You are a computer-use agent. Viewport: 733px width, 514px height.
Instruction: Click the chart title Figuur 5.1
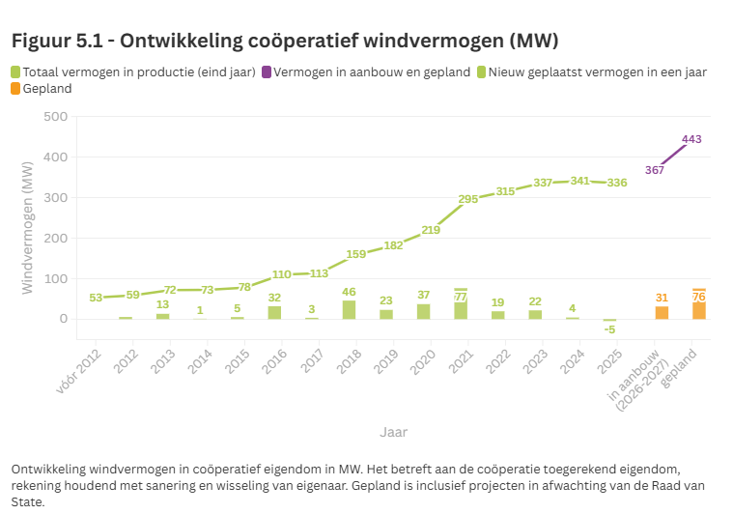point(285,41)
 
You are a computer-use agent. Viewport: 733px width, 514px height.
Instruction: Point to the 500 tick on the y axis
point(55,117)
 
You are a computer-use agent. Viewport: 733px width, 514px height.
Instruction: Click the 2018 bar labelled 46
point(349,309)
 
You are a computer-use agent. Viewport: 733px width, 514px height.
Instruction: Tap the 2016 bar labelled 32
point(274,312)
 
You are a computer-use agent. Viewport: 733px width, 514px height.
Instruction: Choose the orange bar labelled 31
point(662,312)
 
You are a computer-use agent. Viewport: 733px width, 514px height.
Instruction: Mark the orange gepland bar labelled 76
point(698,304)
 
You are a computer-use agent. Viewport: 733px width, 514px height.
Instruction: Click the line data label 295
point(467,199)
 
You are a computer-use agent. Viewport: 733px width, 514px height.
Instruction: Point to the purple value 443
point(691,139)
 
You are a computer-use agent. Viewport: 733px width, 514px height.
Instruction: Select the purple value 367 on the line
point(655,170)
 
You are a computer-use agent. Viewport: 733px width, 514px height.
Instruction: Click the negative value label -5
point(609,329)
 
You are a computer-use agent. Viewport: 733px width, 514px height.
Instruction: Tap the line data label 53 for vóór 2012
point(95,298)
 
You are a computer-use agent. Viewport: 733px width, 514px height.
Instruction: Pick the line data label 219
point(431,230)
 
